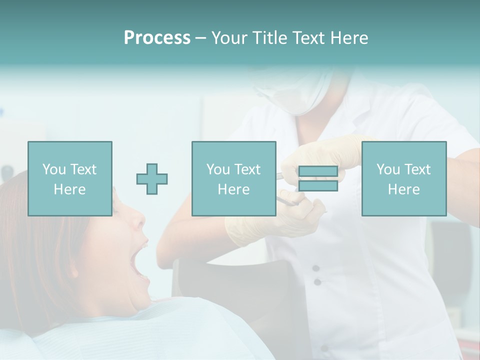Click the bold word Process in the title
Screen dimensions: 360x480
point(157,38)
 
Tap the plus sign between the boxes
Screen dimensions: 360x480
point(152,179)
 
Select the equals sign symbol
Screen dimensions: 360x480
point(318,178)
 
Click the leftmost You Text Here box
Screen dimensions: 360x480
point(70,178)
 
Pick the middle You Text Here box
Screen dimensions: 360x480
point(233,178)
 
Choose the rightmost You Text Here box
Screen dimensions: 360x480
point(403,178)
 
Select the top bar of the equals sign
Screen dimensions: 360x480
point(318,171)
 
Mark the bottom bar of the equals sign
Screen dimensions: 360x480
point(318,186)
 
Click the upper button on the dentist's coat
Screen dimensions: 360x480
point(316,268)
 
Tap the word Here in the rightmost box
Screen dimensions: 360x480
point(403,189)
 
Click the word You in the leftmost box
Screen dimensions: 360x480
point(53,169)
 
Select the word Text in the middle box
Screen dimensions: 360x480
point(247,169)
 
